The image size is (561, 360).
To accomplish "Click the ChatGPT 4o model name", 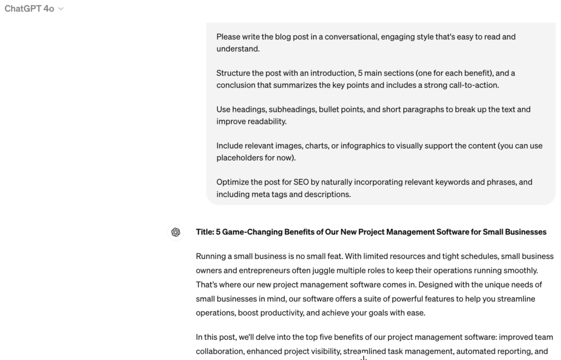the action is tap(29, 9).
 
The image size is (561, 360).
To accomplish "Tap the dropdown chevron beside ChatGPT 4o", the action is tap(61, 9).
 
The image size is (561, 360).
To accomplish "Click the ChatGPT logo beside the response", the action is tap(176, 232).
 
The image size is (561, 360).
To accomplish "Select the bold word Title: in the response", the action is tap(205, 232).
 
